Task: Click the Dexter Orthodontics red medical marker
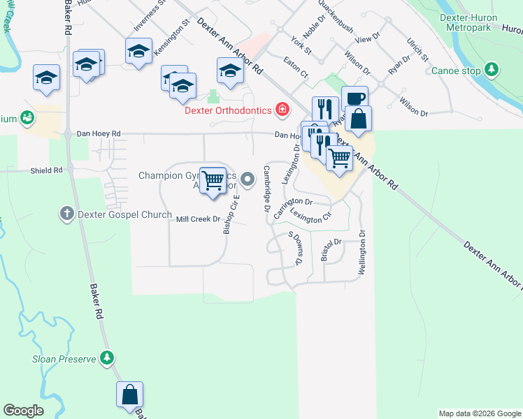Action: pos(282,108)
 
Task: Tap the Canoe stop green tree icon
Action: pos(492,69)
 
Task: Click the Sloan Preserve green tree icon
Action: pos(106,358)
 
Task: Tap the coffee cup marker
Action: pos(354,99)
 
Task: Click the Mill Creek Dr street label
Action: pos(198,219)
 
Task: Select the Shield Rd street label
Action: pos(46,170)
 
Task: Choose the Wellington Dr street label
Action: pos(362,253)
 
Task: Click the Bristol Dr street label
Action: pos(330,249)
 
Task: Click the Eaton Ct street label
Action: pos(296,68)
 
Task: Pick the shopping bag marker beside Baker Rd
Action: pos(130,395)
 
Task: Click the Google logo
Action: pos(23,411)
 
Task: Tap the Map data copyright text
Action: pos(480,413)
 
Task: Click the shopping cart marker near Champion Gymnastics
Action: pos(213,181)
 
